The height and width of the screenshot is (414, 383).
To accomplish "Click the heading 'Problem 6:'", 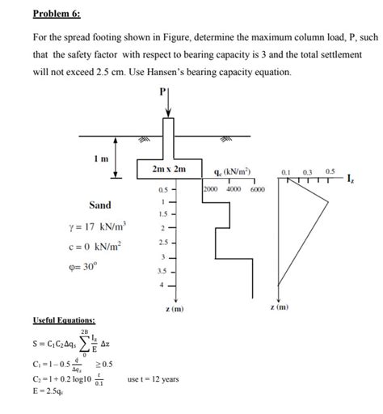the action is click(x=57, y=14).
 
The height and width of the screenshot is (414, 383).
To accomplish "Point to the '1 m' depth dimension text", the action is click(x=103, y=158).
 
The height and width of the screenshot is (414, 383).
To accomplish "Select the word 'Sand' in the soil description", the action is click(x=99, y=205).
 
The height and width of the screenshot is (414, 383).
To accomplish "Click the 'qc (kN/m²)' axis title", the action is click(x=229, y=171).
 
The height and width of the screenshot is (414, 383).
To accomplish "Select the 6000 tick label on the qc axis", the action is click(x=257, y=189).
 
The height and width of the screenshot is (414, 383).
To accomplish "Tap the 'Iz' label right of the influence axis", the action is click(x=350, y=178).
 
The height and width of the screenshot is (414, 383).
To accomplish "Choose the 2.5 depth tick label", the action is click(x=163, y=243).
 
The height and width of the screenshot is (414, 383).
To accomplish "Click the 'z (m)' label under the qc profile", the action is click(x=173, y=309).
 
